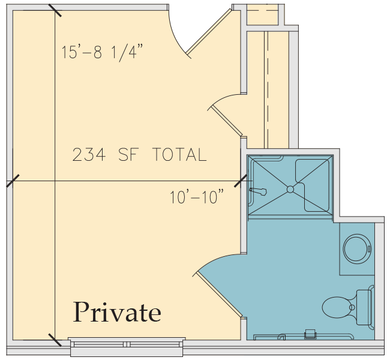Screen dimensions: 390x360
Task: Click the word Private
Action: [x=117, y=312]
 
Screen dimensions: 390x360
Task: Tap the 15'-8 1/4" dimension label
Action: [x=102, y=52]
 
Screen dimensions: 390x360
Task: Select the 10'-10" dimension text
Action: [x=197, y=197]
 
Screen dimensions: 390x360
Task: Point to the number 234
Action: [x=89, y=154]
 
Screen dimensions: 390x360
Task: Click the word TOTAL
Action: [x=179, y=154]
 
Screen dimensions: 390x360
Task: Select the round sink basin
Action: [x=357, y=249]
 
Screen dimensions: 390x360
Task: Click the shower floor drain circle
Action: [x=290, y=190]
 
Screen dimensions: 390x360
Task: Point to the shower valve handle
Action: [x=258, y=191]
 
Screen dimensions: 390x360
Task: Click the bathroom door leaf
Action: [x=219, y=295]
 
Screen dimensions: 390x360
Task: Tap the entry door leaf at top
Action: [x=209, y=32]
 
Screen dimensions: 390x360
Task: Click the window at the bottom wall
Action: [x=127, y=347]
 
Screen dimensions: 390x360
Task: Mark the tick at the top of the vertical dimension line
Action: [x=55, y=10]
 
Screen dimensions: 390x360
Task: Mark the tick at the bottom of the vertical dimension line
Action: [x=55, y=340]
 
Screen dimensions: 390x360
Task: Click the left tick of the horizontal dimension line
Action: [x=13, y=181]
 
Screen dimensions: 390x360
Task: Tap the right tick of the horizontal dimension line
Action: [x=241, y=181]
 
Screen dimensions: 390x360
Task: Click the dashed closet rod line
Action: [x=268, y=89]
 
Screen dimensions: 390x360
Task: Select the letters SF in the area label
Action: [x=128, y=154]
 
